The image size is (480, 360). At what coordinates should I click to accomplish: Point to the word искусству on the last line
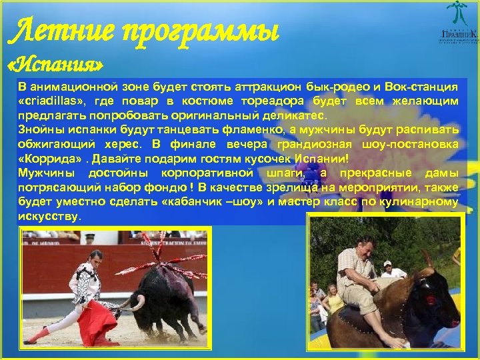tap(48, 217)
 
